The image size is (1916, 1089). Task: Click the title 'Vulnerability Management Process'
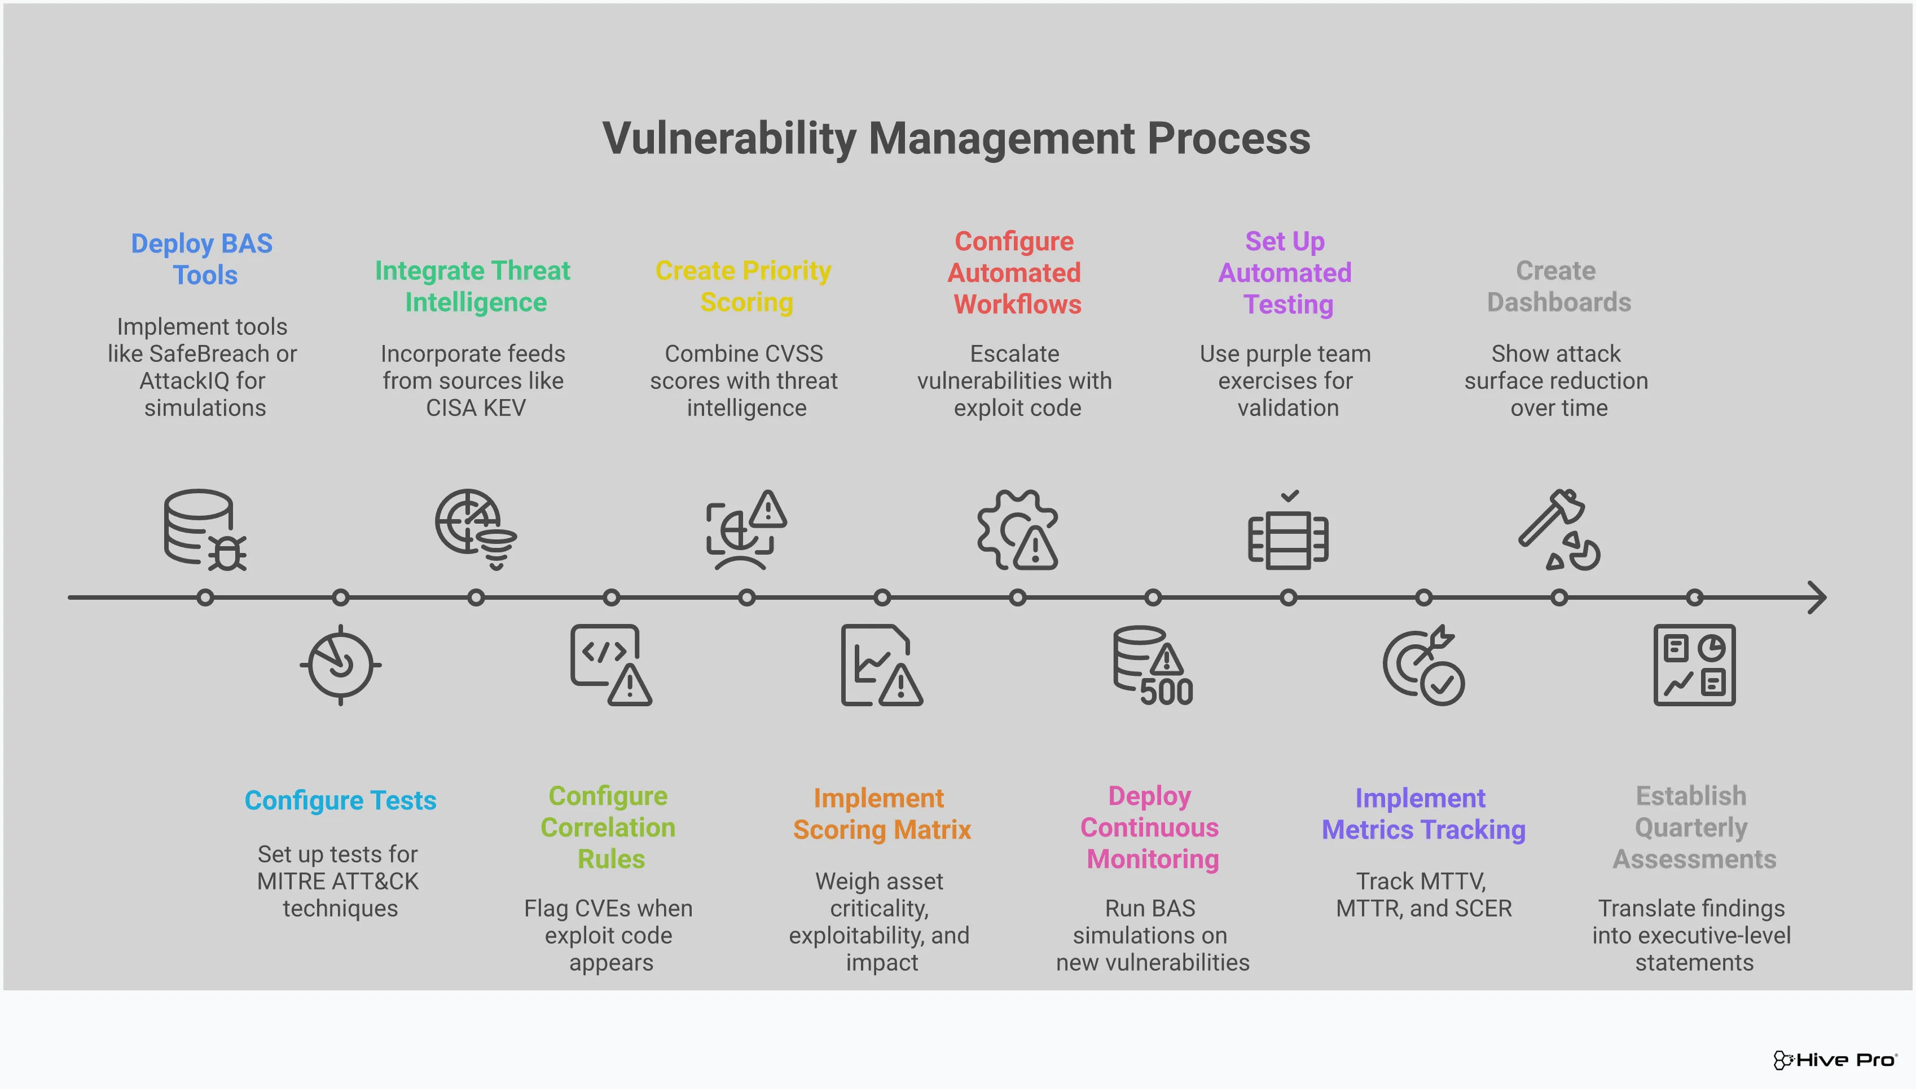tap(956, 139)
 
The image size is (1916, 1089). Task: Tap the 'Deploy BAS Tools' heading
tap(202, 259)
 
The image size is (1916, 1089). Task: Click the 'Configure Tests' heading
tap(341, 800)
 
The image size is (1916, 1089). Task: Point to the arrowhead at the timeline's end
tap(1817, 597)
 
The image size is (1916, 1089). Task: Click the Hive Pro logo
tap(1834, 1060)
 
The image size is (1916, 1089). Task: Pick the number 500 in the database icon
tap(1166, 692)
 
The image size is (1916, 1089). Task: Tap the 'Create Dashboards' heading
tap(1558, 286)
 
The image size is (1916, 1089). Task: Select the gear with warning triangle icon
tap(1018, 529)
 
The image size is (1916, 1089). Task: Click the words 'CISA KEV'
tap(476, 408)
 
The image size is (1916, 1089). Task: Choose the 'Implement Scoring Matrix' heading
tap(881, 814)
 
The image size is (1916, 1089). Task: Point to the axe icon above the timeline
tap(1558, 529)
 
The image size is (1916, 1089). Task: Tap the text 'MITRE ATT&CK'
tap(339, 881)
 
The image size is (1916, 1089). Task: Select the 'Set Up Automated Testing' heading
tap(1286, 273)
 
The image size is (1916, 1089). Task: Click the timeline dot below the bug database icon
tap(205, 597)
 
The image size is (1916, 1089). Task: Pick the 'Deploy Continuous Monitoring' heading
tap(1150, 827)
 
